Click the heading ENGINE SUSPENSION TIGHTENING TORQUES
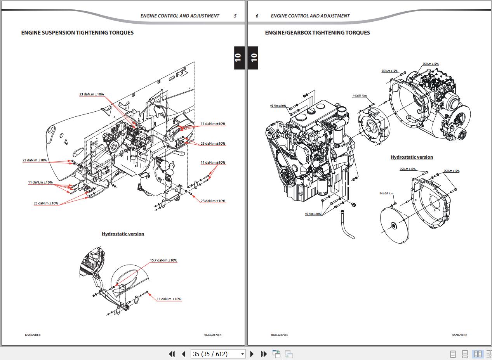77,33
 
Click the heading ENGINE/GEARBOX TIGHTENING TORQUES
317,33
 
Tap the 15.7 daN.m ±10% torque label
163,260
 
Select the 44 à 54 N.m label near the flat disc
386,193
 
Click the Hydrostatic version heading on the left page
123,234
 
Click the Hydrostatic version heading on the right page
412,157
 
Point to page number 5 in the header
235,16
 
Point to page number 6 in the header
257,16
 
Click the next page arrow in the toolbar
252,354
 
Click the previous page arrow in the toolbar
184,354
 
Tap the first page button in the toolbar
172,354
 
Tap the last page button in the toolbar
264,354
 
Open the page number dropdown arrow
243,354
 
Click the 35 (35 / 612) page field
215,354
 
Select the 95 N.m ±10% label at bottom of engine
313,214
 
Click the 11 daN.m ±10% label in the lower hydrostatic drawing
169,299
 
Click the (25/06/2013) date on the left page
33,335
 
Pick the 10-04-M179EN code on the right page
280,335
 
